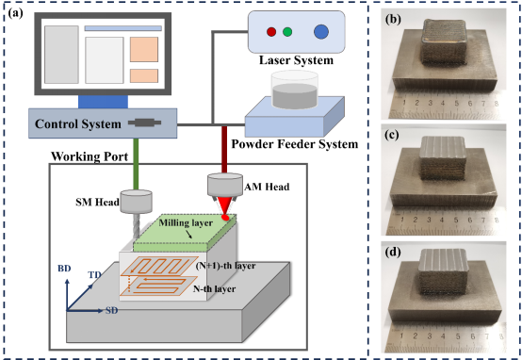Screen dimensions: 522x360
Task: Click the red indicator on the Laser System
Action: (x=271, y=32)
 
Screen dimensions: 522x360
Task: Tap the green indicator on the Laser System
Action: (x=287, y=32)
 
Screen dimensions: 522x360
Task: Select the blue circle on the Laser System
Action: (x=321, y=32)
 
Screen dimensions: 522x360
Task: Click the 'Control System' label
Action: (x=78, y=123)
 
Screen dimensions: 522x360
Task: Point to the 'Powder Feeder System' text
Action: (x=295, y=144)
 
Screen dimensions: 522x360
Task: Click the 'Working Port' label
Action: (x=90, y=156)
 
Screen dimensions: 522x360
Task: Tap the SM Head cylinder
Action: (x=137, y=202)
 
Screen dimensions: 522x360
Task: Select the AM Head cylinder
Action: (x=225, y=185)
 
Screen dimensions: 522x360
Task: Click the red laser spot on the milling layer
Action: (x=225, y=217)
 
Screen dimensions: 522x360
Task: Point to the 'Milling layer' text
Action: (x=186, y=222)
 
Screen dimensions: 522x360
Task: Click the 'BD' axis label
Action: (x=64, y=269)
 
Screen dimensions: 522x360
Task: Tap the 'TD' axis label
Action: (x=94, y=275)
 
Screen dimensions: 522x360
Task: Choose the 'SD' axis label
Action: (x=112, y=310)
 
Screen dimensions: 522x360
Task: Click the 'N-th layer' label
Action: (x=215, y=288)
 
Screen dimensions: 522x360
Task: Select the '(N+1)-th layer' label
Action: (x=225, y=266)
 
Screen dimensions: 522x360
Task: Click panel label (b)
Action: (x=393, y=20)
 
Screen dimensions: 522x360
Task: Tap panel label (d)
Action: (x=393, y=252)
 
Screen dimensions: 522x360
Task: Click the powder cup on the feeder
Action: (x=294, y=90)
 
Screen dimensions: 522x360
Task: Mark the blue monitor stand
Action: (x=103, y=102)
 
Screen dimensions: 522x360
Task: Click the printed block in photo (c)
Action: (x=443, y=158)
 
